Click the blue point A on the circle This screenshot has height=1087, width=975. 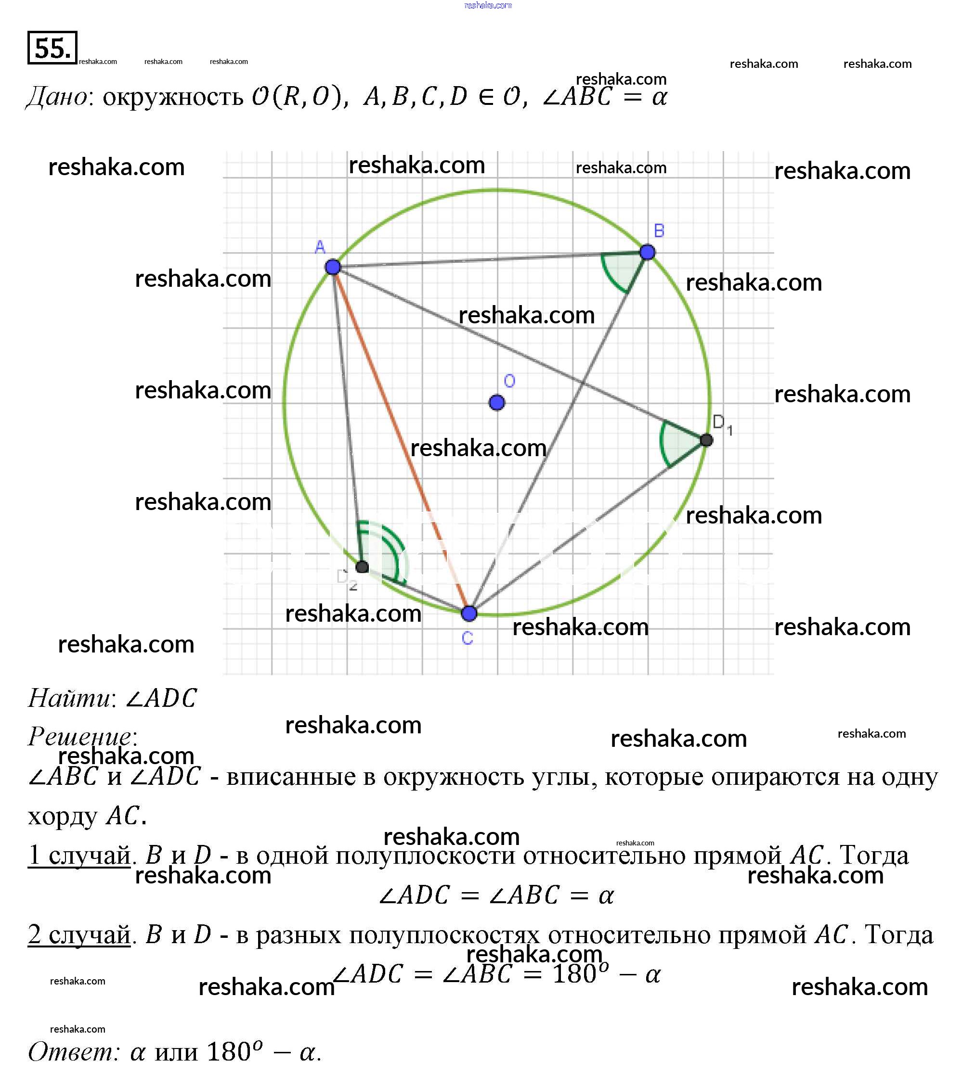(x=333, y=267)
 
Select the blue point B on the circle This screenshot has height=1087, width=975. (x=647, y=252)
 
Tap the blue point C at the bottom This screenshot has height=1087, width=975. (x=469, y=613)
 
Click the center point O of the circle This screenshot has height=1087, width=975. (x=496, y=402)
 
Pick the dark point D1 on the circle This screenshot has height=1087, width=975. (x=706, y=440)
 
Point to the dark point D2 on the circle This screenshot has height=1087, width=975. (x=362, y=566)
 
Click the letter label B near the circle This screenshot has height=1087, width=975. (x=659, y=231)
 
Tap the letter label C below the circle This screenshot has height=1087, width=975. (x=467, y=638)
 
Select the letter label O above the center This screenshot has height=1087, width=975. (x=509, y=381)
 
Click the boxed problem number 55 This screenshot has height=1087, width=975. (x=52, y=48)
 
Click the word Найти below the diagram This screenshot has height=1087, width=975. (x=70, y=698)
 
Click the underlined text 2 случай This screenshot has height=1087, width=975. (x=79, y=934)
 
